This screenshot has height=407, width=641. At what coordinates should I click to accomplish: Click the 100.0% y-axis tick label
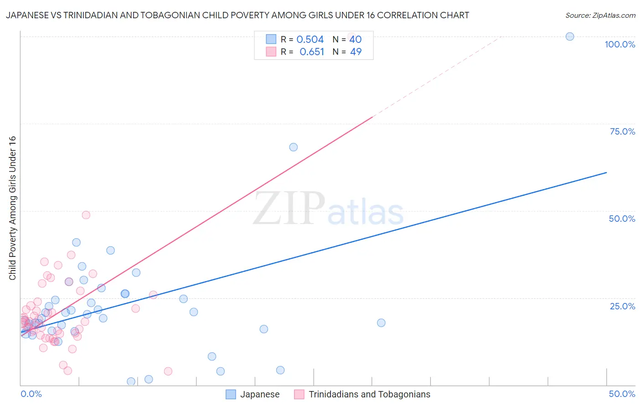click(x=620, y=44)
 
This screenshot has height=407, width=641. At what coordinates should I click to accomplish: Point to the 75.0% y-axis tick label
click(x=622, y=131)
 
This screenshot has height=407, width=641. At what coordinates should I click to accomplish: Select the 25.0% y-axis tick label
click(x=622, y=306)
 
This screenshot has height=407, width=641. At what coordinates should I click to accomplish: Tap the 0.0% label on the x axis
click(x=31, y=394)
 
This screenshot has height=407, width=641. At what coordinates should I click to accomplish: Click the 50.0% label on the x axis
click(x=622, y=394)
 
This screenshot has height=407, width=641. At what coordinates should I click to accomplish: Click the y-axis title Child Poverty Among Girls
click(x=12, y=208)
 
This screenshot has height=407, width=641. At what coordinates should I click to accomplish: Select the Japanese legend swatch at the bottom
click(x=231, y=394)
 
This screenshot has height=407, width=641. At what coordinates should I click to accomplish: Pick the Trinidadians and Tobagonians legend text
click(x=369, y=394)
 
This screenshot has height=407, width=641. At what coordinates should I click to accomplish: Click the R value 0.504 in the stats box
click(x=310, y=40)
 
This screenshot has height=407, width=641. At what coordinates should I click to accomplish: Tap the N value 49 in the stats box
click(x=356, y=52)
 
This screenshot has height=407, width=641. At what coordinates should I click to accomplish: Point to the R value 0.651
click(x=312, y=52)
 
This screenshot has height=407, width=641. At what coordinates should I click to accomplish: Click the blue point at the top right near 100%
click(x=569, y=37)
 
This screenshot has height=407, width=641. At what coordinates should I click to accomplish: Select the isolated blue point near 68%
click(x=293, y=147)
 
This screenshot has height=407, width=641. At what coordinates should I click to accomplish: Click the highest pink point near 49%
click(x=86, y=215)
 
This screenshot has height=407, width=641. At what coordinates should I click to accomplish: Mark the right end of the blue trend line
click(x=606, y=172)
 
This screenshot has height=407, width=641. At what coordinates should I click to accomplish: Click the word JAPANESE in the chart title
click(x=28, y=16)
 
